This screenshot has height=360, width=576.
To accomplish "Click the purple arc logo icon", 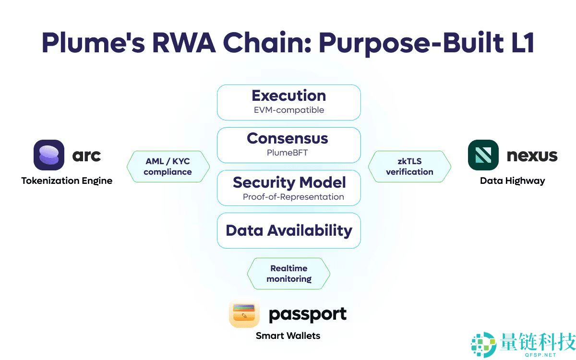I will pos(49,155).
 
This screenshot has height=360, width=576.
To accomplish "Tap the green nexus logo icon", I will pos(483,155).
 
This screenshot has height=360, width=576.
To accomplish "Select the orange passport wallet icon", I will pos(244,314).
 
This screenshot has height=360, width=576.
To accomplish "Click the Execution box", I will pos(288,102).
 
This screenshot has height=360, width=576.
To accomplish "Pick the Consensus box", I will pos(288,145).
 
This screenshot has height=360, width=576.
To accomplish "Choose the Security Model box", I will pos(288,188).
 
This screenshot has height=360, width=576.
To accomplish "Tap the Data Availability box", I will pos(288,230).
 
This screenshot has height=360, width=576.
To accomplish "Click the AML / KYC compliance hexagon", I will pos(168,167).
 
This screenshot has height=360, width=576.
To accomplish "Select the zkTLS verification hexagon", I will pos(409,167).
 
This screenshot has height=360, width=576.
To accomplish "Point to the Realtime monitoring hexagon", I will pos(288,274).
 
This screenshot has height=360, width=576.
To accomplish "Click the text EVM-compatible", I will pos(288,110).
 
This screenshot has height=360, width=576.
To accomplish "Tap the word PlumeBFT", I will pos(287,153).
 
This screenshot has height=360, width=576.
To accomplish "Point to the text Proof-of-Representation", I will pos(293,197).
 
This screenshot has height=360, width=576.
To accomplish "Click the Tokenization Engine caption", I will pos(67,181).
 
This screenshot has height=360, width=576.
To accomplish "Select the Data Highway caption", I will pos(512,181).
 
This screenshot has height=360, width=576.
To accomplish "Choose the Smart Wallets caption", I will pos(288,336).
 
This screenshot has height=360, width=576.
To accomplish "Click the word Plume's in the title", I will pos(91,43).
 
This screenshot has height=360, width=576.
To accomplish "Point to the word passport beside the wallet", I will pos(307,315).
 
